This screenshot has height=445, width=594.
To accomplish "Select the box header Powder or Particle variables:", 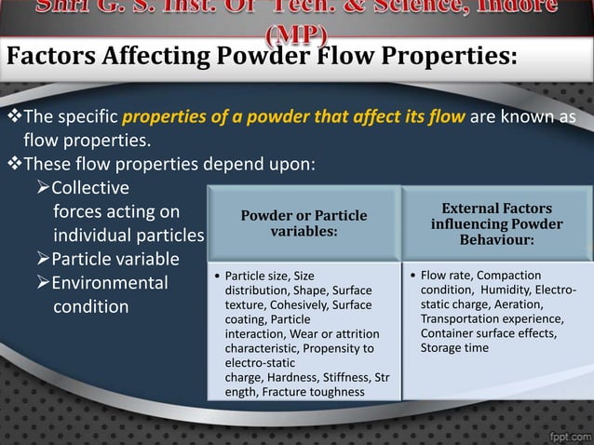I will tap(304, 223).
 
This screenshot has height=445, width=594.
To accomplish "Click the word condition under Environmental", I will tap(90, 306).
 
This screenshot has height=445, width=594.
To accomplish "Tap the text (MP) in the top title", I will tap(296, 35).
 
